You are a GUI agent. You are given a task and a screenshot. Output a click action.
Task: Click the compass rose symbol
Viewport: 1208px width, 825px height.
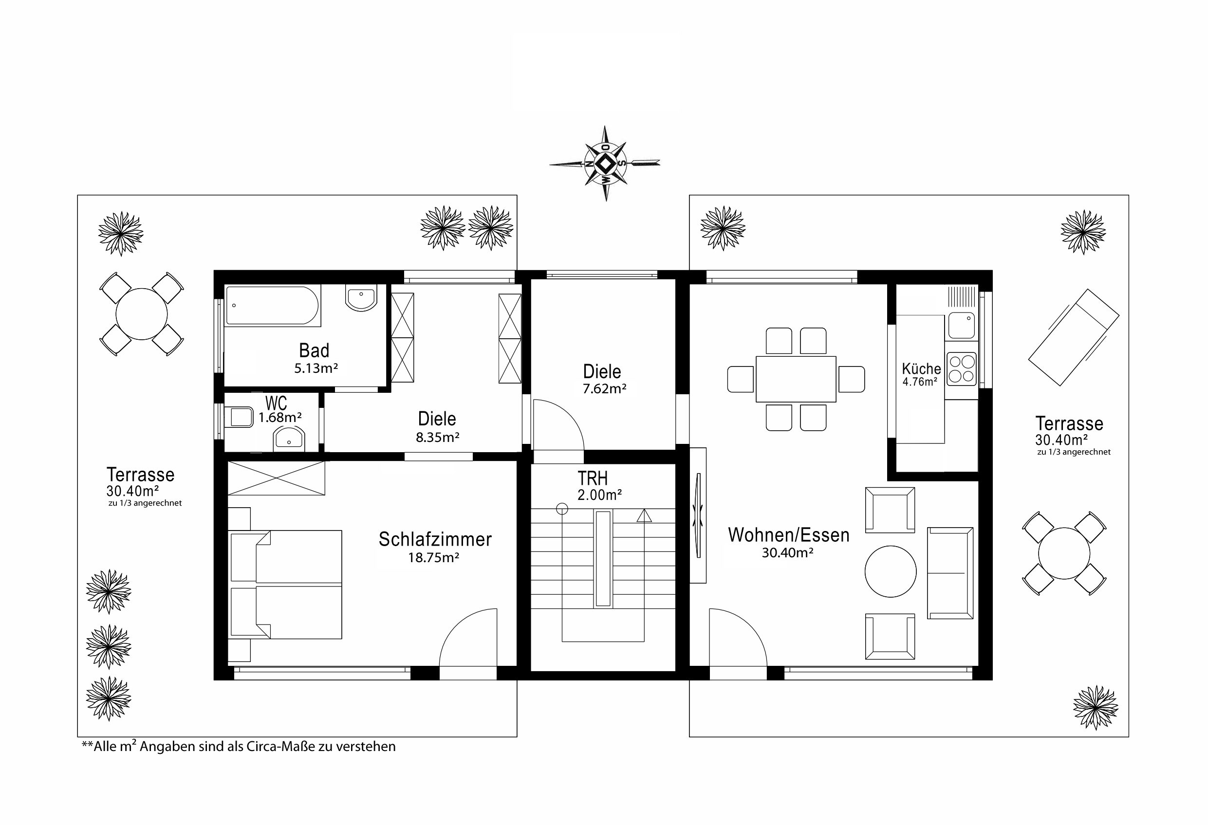(605, 164)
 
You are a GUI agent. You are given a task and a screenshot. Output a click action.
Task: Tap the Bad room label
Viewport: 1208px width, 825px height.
(314, 350)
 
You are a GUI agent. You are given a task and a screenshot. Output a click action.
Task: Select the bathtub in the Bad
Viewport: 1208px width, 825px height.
(273, 306)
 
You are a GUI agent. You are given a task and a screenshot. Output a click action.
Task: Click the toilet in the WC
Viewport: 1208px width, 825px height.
(239, 417)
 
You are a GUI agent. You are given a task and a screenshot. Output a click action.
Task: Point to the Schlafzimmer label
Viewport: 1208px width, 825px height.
(435, 539)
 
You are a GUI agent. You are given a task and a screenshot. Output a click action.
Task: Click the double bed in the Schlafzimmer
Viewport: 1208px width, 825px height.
(285, 585)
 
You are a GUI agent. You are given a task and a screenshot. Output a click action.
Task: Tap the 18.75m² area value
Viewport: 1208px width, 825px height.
(433, 558)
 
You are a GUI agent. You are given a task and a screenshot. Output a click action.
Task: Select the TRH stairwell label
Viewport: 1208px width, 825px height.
(593, 478)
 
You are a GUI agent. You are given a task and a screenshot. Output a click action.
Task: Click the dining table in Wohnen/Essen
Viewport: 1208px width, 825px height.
(796, 379)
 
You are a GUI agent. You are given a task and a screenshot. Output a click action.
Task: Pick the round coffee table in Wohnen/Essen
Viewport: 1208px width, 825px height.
(891, 571)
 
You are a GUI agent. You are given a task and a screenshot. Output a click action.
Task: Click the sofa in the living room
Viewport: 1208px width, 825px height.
(950, 573)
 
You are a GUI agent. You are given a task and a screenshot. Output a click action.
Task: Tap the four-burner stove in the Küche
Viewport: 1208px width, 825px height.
(962, 369)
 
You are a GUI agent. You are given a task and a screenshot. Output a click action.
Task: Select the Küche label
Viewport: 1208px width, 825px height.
(921, 369)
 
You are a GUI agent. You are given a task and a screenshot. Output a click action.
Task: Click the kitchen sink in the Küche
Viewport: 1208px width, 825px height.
(962, 325)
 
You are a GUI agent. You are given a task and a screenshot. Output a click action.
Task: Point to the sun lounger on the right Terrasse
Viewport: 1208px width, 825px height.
(1074, 338)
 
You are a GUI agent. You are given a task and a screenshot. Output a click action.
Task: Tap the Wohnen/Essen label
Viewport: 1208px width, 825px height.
(788, 535)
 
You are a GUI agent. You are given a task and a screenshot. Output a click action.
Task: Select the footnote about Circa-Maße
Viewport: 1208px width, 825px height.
(239, 747)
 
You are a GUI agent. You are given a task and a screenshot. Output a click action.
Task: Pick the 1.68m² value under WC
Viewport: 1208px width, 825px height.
(280, 417)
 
